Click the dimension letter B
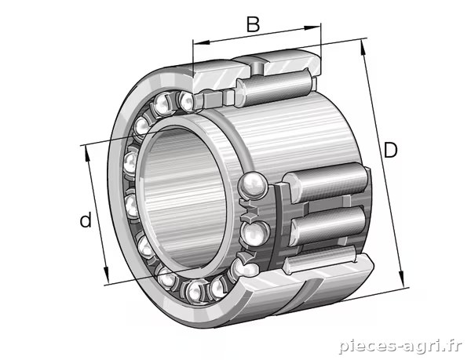click(253, 24)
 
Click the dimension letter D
click(390, 150)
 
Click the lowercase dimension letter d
click(86, 220)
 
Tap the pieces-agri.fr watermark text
click(400, 346)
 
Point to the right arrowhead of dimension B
click(312, 28)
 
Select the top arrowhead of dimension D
click(363, 48)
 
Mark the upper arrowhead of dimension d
click(88, 154)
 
